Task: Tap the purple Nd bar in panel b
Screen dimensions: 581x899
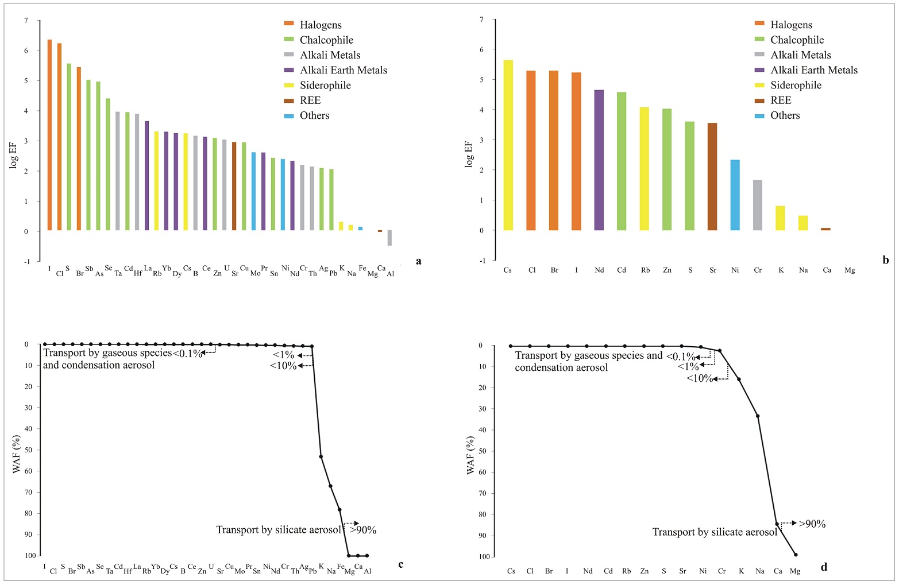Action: (599, 160)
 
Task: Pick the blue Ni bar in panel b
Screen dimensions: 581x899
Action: (735, 195)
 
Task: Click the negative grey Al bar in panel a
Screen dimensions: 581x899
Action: (389, 238)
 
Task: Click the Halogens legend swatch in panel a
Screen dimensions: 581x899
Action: (289, 24)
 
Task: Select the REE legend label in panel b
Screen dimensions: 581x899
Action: (781, 100)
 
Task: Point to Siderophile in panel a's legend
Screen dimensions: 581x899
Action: (325, 86)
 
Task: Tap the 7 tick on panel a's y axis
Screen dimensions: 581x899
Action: (26, 21)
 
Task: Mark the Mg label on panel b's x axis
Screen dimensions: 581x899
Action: (849, 270)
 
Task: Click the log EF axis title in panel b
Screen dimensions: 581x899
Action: (469, 154)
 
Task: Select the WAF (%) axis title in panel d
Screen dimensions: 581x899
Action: (470, 455)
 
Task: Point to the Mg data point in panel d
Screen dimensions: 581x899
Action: (796, 555)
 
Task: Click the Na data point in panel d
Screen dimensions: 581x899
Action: (758, 416)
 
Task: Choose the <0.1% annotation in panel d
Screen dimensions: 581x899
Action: (680, 357)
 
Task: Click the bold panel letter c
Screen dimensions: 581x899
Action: (400, 565)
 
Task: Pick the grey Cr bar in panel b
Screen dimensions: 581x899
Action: (758, 205)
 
